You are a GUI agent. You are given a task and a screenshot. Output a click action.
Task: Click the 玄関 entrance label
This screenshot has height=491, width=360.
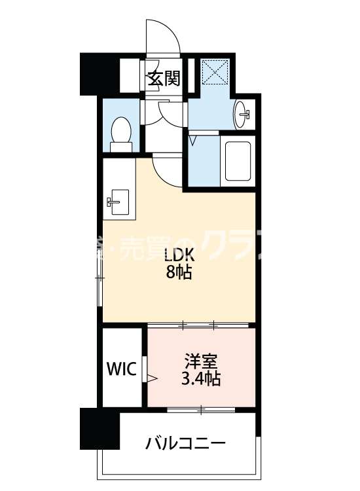point(163,79)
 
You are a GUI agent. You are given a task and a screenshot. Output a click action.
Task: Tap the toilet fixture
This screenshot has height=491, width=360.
point(120,130)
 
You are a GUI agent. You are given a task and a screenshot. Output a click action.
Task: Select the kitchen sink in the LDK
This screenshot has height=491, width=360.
point(117,200)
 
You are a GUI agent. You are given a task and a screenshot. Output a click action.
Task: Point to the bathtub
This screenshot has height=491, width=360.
point(238,161)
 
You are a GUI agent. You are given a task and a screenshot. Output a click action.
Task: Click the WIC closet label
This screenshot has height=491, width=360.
point(122,369)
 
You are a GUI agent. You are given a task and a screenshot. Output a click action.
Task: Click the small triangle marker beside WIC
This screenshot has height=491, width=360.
point(152,378)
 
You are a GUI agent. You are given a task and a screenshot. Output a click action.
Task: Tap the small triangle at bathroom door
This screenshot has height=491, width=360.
point(192,139)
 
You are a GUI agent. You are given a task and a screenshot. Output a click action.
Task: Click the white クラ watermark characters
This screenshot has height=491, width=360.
point(229,247)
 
